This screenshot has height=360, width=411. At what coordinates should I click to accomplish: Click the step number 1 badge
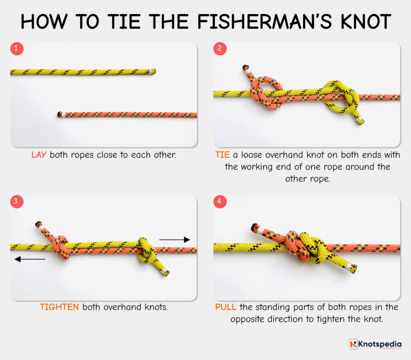[x=16, y=49]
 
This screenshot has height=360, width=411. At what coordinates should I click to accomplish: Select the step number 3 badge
[x=16, y=202]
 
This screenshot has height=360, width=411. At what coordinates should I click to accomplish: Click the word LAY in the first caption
[x=39, y=155]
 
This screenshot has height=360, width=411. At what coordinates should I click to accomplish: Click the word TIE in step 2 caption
[x=222, y=155]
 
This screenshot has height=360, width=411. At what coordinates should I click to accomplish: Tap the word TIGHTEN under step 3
[x=59, y=307]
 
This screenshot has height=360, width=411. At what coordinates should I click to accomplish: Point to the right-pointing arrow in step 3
[x=175, y=240]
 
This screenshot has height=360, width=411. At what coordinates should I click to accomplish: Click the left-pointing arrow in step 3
[x=30, y=259]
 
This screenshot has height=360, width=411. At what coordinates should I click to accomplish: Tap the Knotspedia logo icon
[x=353, y=344]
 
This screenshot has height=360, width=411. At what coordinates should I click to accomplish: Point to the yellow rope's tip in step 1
[x=153, y=71]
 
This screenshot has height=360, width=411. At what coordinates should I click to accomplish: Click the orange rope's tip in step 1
[x=60, y=114]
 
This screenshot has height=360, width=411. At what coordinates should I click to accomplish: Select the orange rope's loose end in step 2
[x=246, y=69]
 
